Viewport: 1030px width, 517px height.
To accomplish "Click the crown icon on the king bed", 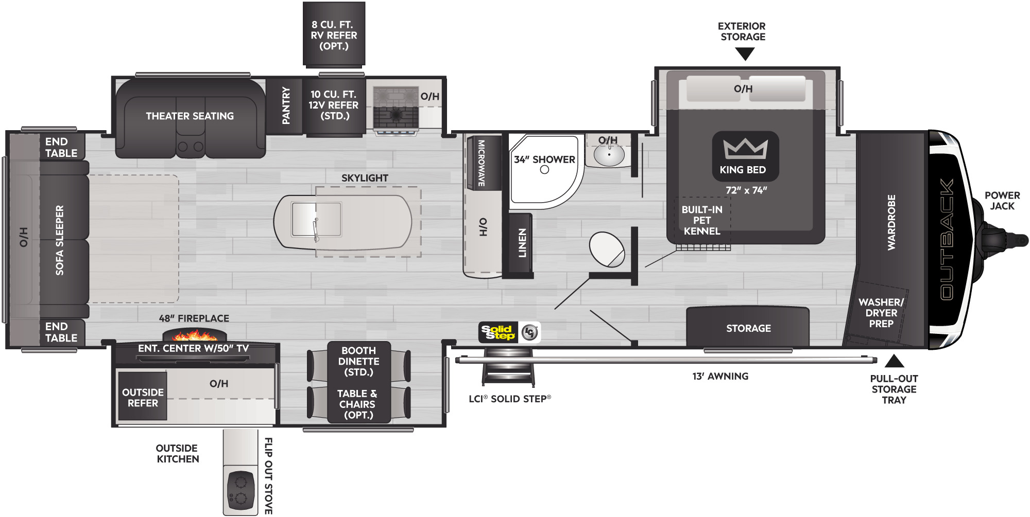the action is coord(745,149).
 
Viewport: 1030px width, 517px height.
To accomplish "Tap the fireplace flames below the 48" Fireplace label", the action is coord(194,335).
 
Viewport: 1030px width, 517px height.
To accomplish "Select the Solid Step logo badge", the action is coord(509,332).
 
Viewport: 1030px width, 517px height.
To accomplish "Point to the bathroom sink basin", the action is coord(609,155).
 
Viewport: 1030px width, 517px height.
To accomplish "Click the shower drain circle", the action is coord(544,169).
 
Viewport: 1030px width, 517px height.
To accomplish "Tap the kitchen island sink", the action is coord(316,219).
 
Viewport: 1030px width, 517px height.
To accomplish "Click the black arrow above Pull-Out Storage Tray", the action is coord(894,361).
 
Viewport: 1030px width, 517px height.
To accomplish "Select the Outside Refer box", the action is coord(143,397).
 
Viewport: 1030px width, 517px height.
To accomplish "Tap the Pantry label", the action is coord(286,105).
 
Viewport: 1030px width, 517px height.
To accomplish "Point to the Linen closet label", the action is coord(522,243).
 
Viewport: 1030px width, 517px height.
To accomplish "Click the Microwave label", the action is coord(482,163).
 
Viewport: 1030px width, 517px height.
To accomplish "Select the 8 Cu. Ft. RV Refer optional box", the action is coord(334,34).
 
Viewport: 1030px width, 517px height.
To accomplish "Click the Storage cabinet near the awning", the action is coord(748,327).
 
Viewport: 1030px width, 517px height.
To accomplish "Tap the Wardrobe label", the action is coord(891,222).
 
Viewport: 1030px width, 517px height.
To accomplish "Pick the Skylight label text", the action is coord(365,178).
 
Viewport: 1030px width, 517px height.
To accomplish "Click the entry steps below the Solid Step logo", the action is coord(508,366).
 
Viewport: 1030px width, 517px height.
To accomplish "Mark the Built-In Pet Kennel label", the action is coord(702,220).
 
